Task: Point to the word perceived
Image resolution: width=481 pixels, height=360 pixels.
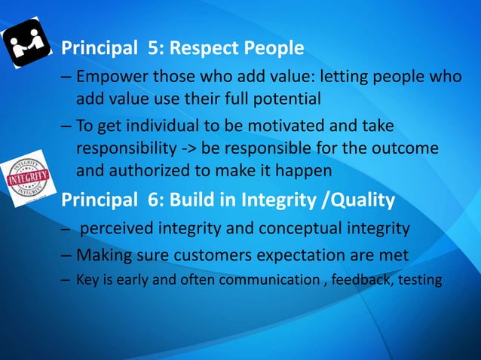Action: [x=120, y=229]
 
